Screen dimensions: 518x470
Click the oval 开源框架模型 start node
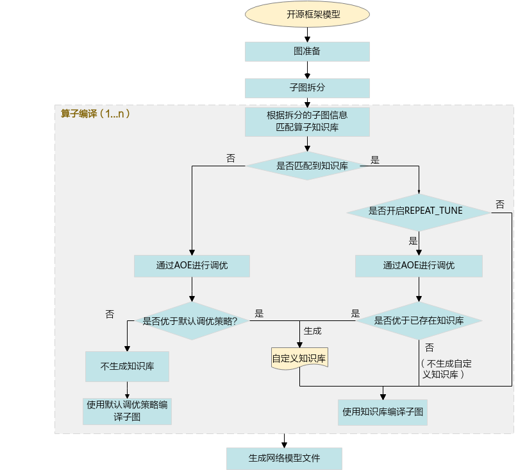[307, 14]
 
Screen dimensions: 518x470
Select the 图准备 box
[307, 51]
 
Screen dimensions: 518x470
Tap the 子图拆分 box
[307, 88]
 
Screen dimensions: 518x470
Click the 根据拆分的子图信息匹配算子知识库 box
[307, 122]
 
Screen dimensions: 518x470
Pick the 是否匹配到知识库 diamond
[307, 166]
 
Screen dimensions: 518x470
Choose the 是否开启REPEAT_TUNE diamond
[419, 213]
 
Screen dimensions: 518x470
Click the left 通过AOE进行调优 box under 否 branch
[192, 266]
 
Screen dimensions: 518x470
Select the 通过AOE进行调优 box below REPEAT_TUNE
[419, 266]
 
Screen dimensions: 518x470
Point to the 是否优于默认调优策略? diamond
[192, 321]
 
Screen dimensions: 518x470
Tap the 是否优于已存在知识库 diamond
[419, 320]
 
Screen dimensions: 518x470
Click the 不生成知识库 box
[127, 367]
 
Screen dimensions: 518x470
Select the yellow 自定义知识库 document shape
[299, 358]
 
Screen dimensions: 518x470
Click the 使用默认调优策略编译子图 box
[127, 411]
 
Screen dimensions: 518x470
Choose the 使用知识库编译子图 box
[383, 412]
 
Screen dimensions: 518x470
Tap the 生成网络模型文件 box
[284, 458]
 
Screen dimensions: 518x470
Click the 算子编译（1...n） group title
[95, 114]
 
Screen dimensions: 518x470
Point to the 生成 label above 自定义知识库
[312, 331]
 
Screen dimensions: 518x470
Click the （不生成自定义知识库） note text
[446, 369]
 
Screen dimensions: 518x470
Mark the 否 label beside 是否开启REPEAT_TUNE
[500, 204]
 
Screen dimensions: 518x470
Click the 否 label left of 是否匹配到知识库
[231, 158]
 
